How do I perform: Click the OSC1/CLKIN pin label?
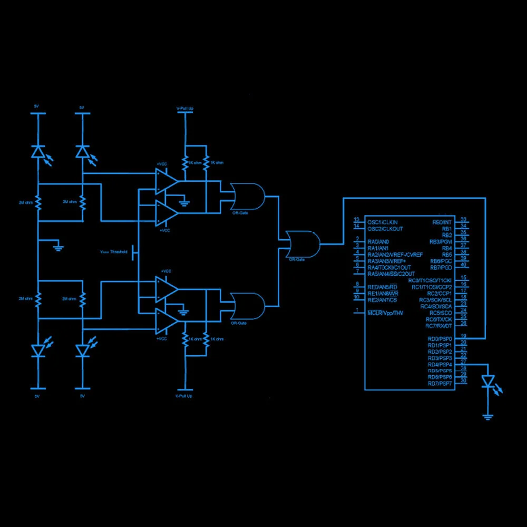(383, 222)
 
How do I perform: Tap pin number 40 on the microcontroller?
(463, 265)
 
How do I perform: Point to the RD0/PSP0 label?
(440, 339)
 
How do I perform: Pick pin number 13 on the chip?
(357, 219)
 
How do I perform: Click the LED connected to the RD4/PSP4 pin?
(489, 380)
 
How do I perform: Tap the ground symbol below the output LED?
(489, 417)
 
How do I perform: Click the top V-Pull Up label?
(184, 108)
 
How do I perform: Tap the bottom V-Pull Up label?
(184, 395)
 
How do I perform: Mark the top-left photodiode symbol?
(37, 152)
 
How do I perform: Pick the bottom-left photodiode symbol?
(37, 350)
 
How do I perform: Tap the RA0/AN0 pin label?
(378, 241)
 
